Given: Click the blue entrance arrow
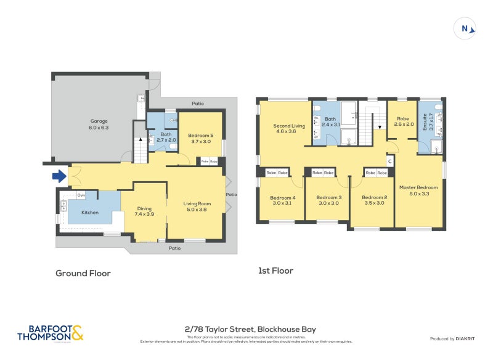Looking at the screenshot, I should pyautogui.click(x=59, y=177).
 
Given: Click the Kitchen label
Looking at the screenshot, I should pyautogui.click(x=90, y=212).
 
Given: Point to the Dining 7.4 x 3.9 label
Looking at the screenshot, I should pyautogui.click(x=144, y=211).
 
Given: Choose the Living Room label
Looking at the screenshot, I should pyautogui.click(x=197, y=207).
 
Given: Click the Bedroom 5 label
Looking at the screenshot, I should pyautogui.click(x=200, y=137).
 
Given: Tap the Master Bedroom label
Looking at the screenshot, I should pyautogui.click(x=418, y=190).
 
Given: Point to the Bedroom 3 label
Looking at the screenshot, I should pyautogui.click(x=328, y=200).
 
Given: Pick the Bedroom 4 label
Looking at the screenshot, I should pyautogui.click(x=282, y=200).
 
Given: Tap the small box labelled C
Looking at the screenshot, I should pyautogui.click(x=389, y=162).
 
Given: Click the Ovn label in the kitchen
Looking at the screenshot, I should pyautogui.click(x=81, y=195).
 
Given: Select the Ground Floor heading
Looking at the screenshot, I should pyautogui.click(x=83, y=273).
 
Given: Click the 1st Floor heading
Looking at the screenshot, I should pyautogui.click(x=275, y=271).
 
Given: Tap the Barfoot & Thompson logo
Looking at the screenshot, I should pyautogui.click(x=51, y=333).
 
